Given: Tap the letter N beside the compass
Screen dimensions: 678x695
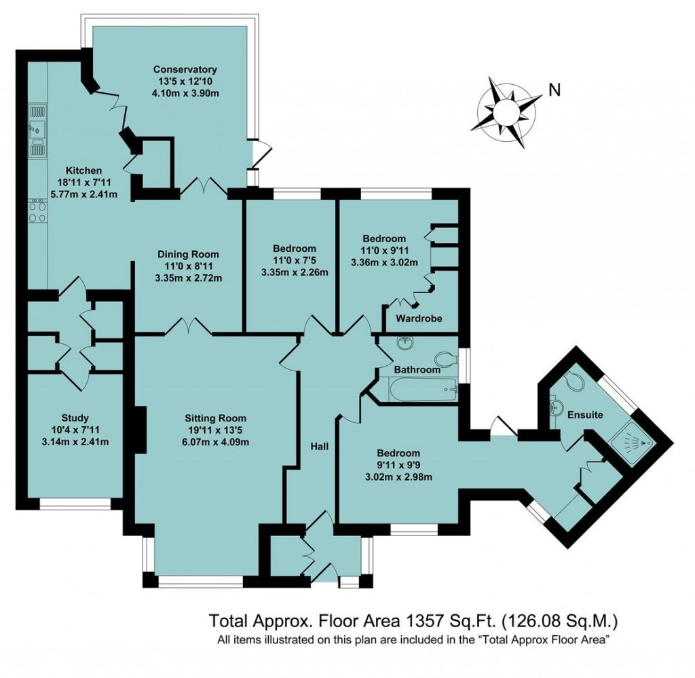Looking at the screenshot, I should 555,90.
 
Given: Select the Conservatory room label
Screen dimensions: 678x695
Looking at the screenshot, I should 185,69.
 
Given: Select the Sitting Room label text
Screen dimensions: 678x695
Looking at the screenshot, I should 215,418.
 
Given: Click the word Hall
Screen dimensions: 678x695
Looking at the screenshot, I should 319,447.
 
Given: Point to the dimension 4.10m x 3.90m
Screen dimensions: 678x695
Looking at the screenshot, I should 185,93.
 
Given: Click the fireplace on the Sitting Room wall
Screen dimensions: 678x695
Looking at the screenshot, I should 140,429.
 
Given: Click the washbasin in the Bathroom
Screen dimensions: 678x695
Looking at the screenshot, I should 405,345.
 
